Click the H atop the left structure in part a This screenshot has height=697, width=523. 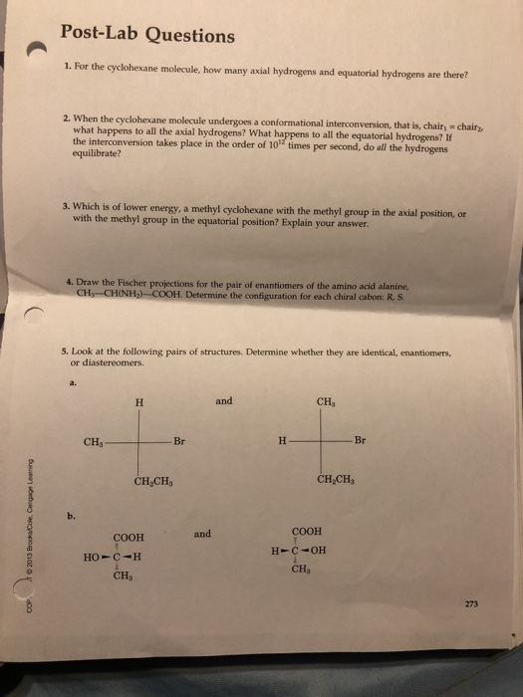pyautogui.click(x=139, y=402)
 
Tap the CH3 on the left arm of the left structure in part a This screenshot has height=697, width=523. pyautogui.click(x=95, y=443)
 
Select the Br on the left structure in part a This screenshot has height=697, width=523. pyautogui.click(x=179, y=442)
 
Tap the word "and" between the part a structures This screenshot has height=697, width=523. pyautogui.click(x=223, y=401)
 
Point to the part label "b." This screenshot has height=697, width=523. pyautogui.click(x=71, y=516)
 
